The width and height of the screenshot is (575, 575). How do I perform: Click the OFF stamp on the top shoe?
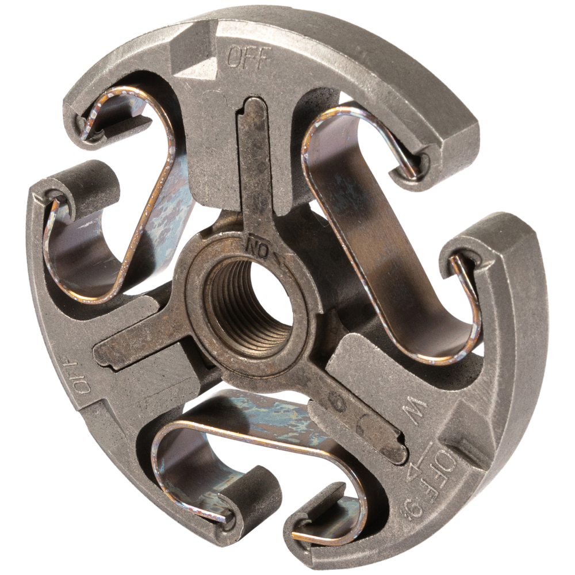(248, 58)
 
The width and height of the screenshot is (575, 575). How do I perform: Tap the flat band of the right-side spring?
(368, 230)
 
